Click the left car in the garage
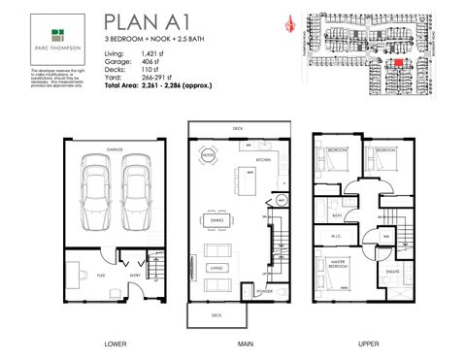pyautogui.click(x=96, y=189)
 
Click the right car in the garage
pyautogui.click(x=135, y=189)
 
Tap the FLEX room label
pyautogui.click(x=101, y=276)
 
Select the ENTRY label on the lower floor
pyautogui.click(x=135, y=276)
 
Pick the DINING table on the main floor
pyautogui.click(x=217, y=219)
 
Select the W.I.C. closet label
pyautogui.click(x=340, y=234)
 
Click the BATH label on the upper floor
pyautogui.click(x=337, y=215)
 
